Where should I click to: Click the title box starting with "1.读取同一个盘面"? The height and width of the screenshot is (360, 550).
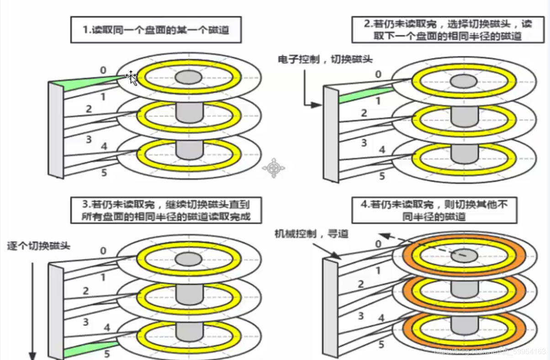click(156, 30)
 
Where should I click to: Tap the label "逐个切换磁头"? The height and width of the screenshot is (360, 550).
click(38, 246)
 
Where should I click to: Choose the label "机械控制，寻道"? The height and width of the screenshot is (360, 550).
click(311, 234)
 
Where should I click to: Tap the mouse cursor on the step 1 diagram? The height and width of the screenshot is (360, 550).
click(132, 77)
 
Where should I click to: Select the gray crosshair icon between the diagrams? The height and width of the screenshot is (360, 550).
click(273, 168)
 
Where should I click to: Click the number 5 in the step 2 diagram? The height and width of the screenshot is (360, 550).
click(382, 175)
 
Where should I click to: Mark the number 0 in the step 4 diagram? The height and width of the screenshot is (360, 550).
click(378, 244)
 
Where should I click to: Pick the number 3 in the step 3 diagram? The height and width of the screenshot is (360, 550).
click(85, 322)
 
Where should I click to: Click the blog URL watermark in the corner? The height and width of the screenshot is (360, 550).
click(489, 351)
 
